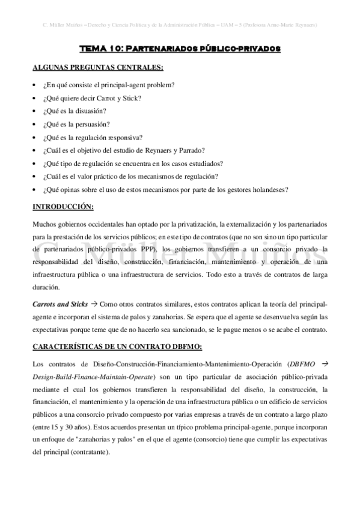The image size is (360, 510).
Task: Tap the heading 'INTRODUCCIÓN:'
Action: (63, 207)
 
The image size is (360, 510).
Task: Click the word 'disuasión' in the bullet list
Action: (92, 111)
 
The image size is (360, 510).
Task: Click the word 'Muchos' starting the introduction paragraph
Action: (44, 224)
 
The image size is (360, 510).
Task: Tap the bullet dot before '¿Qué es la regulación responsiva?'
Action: (35, 137)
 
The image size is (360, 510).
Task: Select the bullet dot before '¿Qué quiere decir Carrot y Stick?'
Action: (35, 97)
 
